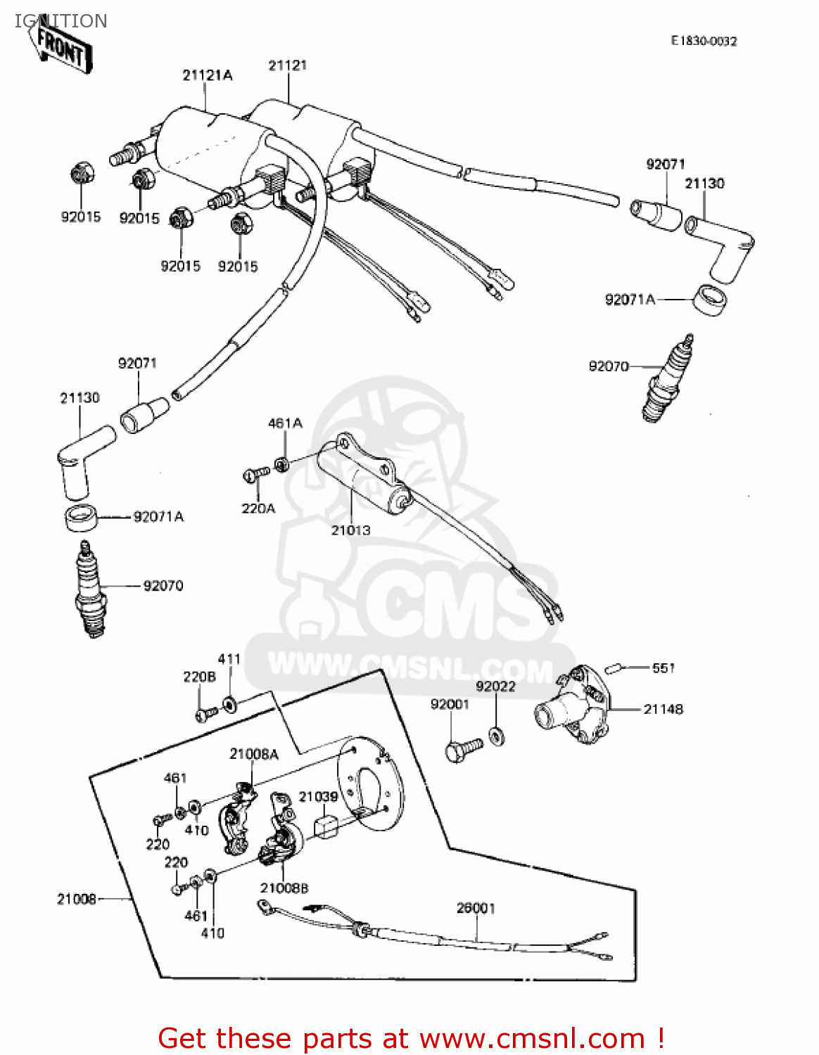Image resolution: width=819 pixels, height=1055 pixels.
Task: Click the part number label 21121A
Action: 207,75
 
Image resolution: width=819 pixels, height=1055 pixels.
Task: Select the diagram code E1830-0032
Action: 704,41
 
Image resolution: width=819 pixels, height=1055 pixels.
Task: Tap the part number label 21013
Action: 350,530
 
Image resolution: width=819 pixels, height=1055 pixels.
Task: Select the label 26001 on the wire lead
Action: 476,908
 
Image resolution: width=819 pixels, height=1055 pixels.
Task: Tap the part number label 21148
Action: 663,709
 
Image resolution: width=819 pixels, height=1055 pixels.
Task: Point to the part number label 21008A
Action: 253,754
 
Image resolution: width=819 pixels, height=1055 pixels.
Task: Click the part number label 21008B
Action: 284,888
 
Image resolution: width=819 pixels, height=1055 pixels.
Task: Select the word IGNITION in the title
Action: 61,21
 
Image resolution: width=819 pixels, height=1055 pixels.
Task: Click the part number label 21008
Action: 76,899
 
